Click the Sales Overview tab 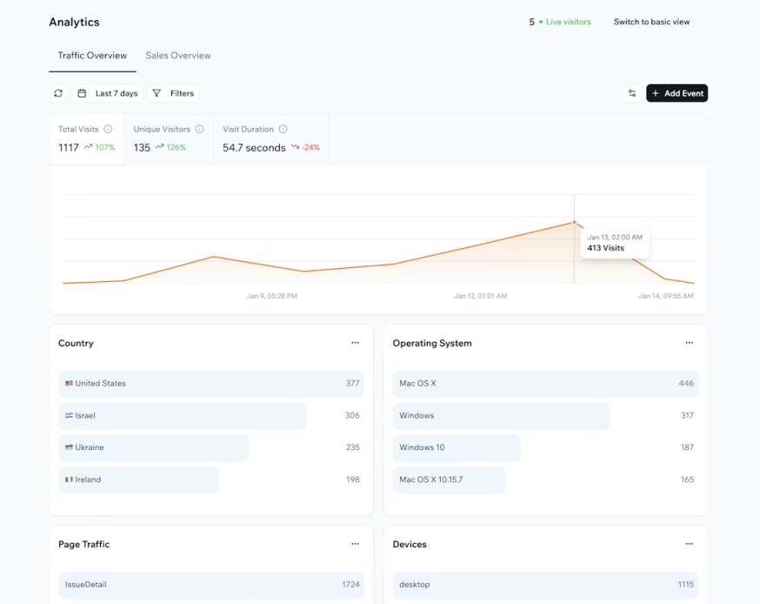click(178, 56)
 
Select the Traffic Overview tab click(92, 56)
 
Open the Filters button click(173, 93)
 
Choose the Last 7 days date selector click(106, 93)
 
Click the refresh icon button click(58, 93)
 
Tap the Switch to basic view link click(651, 22)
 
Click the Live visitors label click(568, 22)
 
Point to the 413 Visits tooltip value click(606, 248)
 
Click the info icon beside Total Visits click(109, 129)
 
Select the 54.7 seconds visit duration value click(254, 148)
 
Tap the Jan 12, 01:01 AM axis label click(480, 296)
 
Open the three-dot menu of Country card click(355, 343)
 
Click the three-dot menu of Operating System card click(689, 343)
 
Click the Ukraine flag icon click(69, 447)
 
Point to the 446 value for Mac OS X click(686, 383)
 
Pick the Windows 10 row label click(422, 447)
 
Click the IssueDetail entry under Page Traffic click(86, 584)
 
